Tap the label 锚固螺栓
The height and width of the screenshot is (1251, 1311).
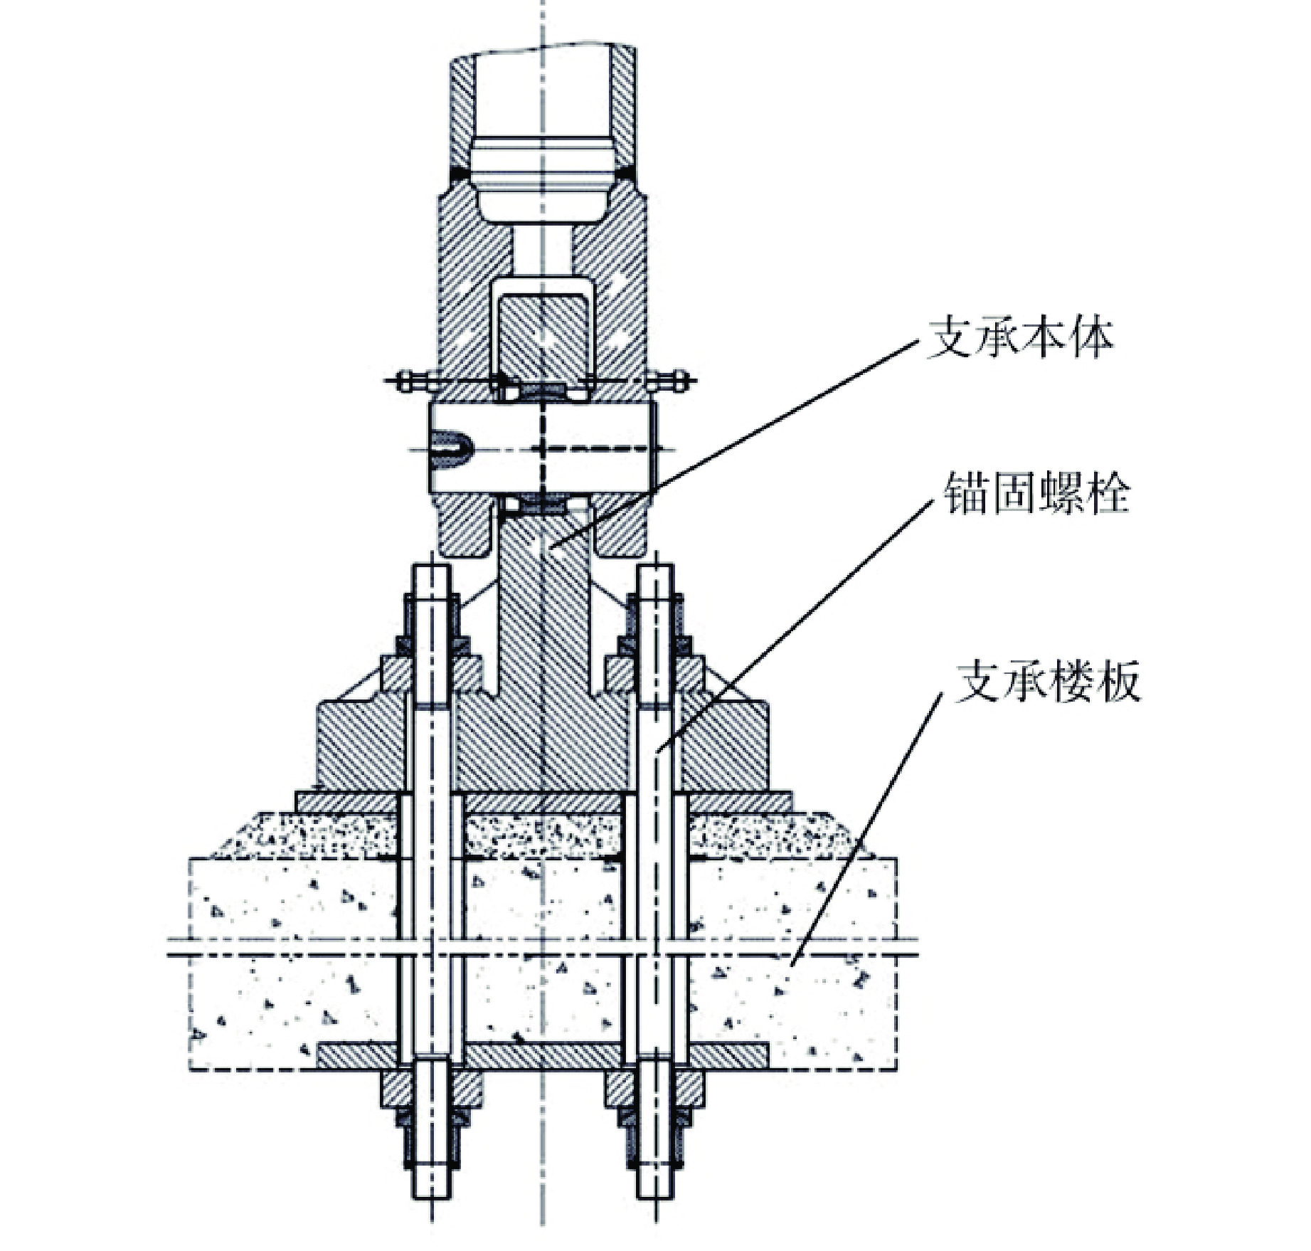point(1036,493)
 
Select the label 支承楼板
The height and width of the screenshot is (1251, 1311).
point(1047,682)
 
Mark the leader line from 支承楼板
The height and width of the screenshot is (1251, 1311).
point(864,833)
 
